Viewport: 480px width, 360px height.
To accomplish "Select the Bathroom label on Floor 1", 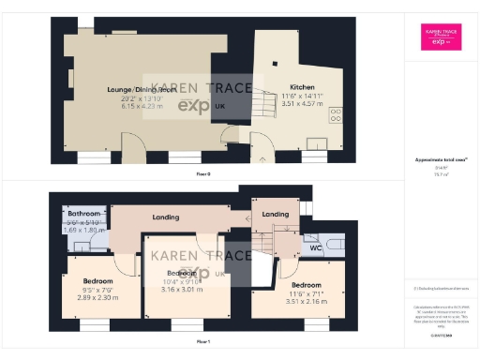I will [x=81, y=214].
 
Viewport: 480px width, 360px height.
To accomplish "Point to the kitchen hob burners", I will [x=337, y=114].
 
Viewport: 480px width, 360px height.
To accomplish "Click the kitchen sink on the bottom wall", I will [x=317, y=145].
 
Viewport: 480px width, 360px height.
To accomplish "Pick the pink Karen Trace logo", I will [x=441, y=37].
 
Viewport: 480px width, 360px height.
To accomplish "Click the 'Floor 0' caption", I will [x=202, y=174].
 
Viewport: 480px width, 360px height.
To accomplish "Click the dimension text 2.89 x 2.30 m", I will [x=98, y=296].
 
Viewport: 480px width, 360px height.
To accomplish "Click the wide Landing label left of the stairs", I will [x=166, y=217].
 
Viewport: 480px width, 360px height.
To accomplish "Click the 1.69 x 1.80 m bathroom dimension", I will [x=81, y=228].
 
